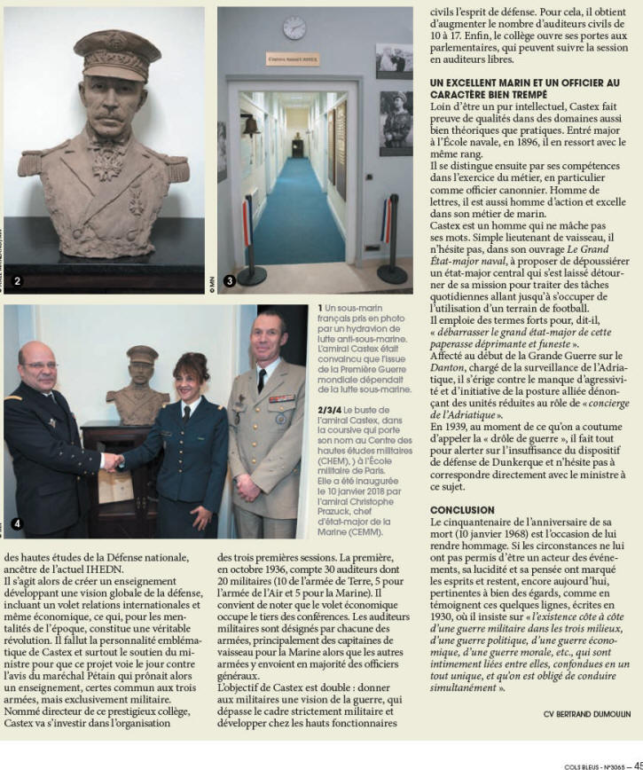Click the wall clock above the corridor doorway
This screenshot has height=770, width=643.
click(x=294, y=27)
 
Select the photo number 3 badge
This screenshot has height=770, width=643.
click(x=229, y=281)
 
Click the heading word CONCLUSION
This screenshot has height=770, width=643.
click(x=462, y=510)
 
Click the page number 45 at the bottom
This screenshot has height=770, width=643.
click(x=636, y=765)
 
